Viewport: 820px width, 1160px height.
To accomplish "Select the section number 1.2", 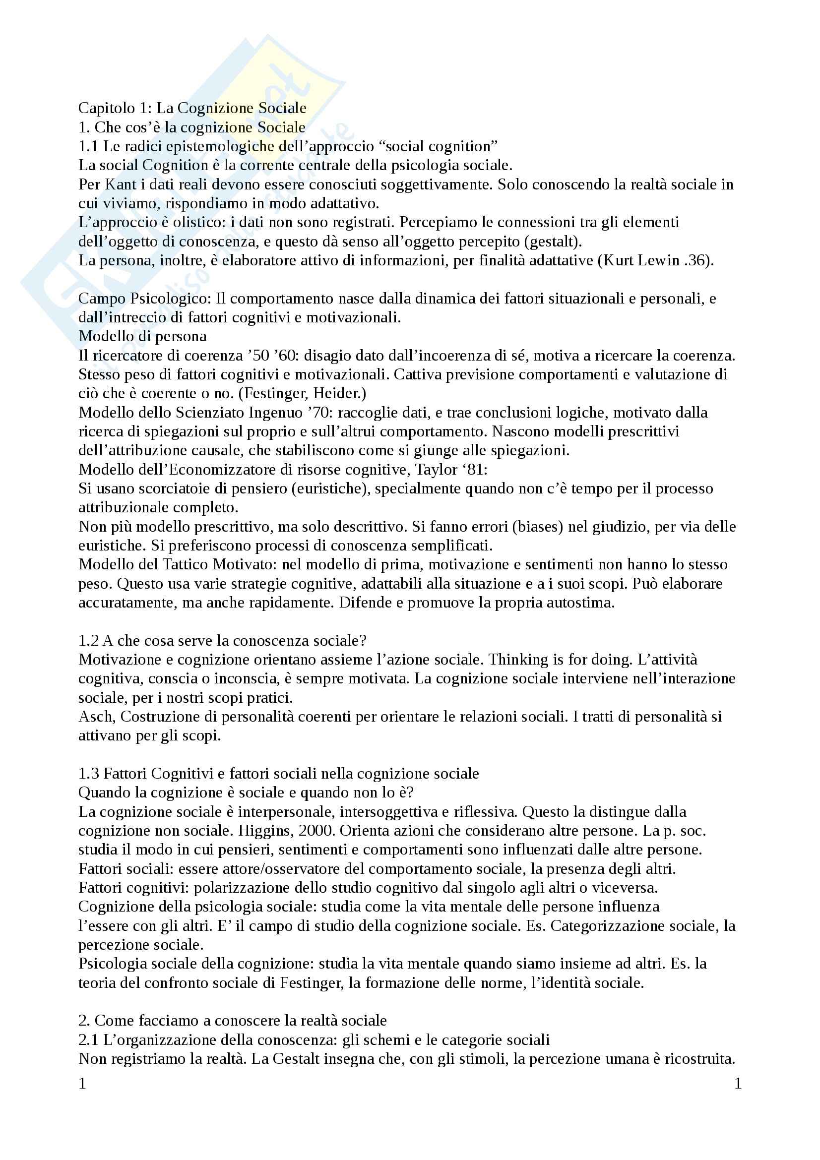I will click(x=89, y=641).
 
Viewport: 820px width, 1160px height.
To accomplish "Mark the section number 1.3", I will click(x=89, y=774).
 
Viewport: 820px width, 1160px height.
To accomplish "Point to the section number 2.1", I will click(x=89, y=1040).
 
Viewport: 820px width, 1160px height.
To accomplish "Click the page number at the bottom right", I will click(x=737, y=1084).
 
